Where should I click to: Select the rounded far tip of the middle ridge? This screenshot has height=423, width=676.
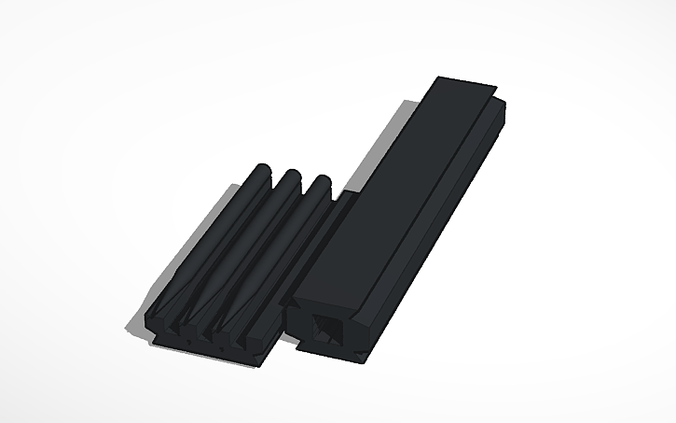point(292,175)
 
